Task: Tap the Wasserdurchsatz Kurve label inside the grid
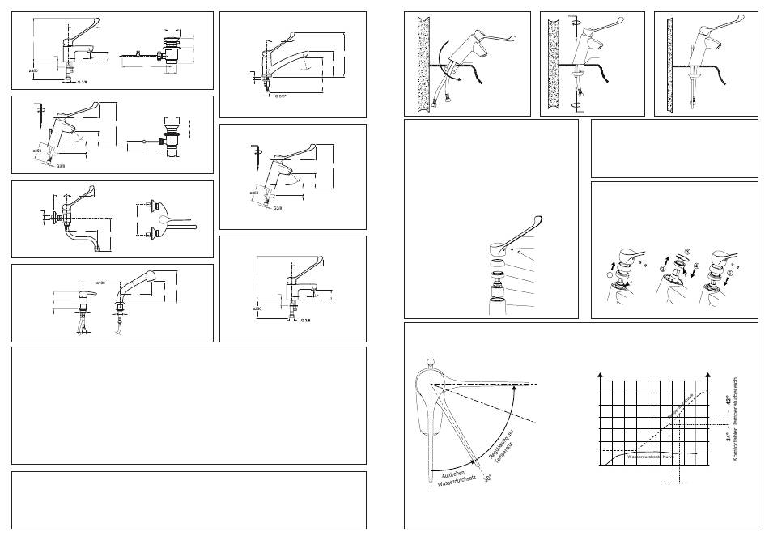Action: click(x=651, y=457)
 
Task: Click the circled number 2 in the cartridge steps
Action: click(x=661, y=269)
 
